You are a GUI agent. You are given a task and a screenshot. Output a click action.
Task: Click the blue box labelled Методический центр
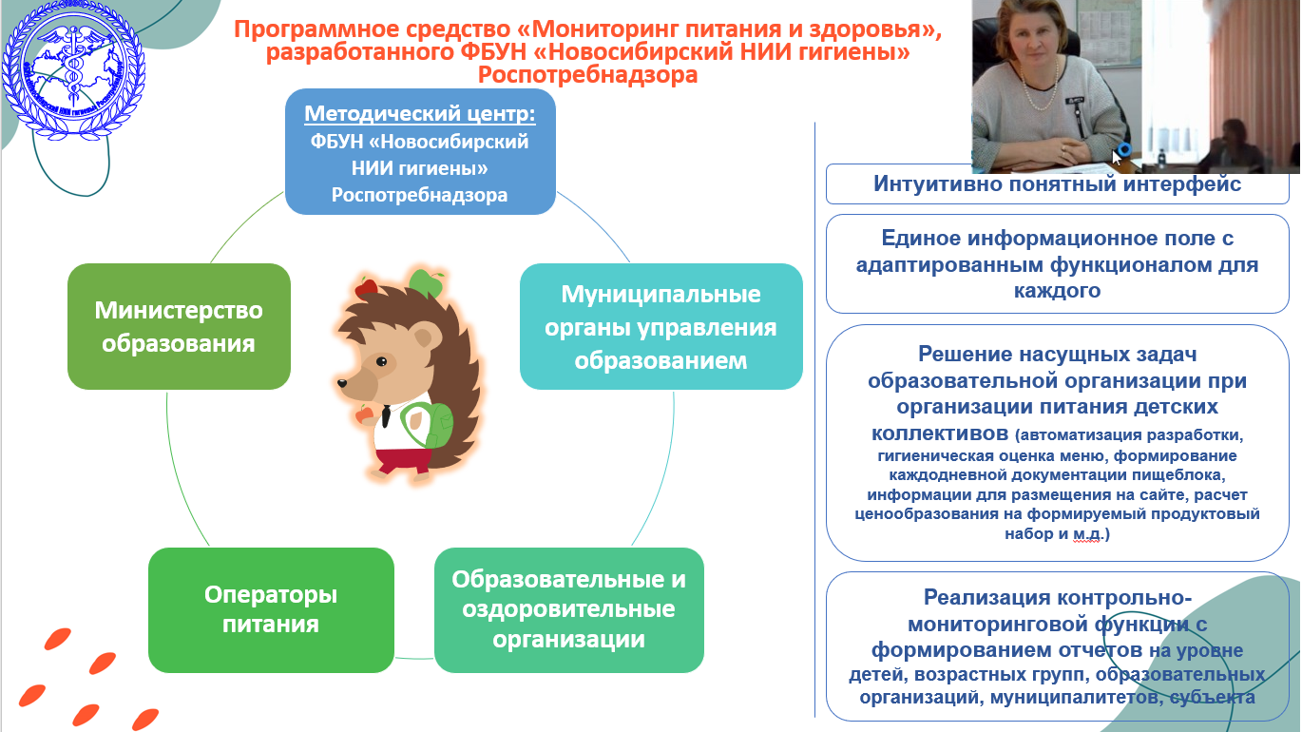(420, 152)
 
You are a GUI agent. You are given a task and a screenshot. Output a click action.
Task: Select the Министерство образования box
(179, 326)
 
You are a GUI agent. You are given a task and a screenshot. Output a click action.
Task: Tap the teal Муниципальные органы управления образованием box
(661, 326)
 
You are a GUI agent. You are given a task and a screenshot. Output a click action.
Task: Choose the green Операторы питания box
(271, 609)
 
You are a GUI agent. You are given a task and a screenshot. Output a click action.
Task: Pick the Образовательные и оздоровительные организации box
(568, 609)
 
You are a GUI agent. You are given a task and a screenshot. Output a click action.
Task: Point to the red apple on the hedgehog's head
(365, 287)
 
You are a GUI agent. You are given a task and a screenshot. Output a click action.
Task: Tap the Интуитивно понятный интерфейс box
(1057, 183)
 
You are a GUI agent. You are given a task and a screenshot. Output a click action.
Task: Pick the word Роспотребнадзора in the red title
(587, 75)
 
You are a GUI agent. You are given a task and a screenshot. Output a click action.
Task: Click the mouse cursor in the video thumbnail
(1118, 156)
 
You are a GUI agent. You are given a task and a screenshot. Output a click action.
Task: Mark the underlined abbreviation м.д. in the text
(1087, 534)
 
